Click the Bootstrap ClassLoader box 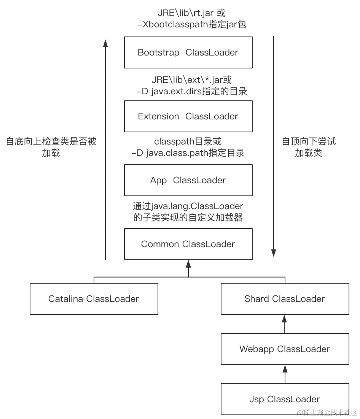click(188, 52)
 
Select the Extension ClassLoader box click(188, 116)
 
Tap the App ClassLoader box click(188, 180)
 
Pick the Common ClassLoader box click(188, 244)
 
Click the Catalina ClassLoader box click(94, 299)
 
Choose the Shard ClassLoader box click(285, 299)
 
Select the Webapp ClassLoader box click(285, 349)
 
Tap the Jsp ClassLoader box click(285, 399)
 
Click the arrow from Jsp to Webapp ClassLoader click(285, 374)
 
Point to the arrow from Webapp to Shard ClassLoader click(285, 324)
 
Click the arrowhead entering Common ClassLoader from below click(188, 263)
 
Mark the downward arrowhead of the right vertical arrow click(273, 252)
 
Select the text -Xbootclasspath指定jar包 click(188, 25)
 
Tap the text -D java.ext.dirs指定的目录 click(188, 91)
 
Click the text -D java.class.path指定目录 click(188, 153)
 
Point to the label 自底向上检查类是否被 click(51, 142)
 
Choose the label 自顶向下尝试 click(309, 142)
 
